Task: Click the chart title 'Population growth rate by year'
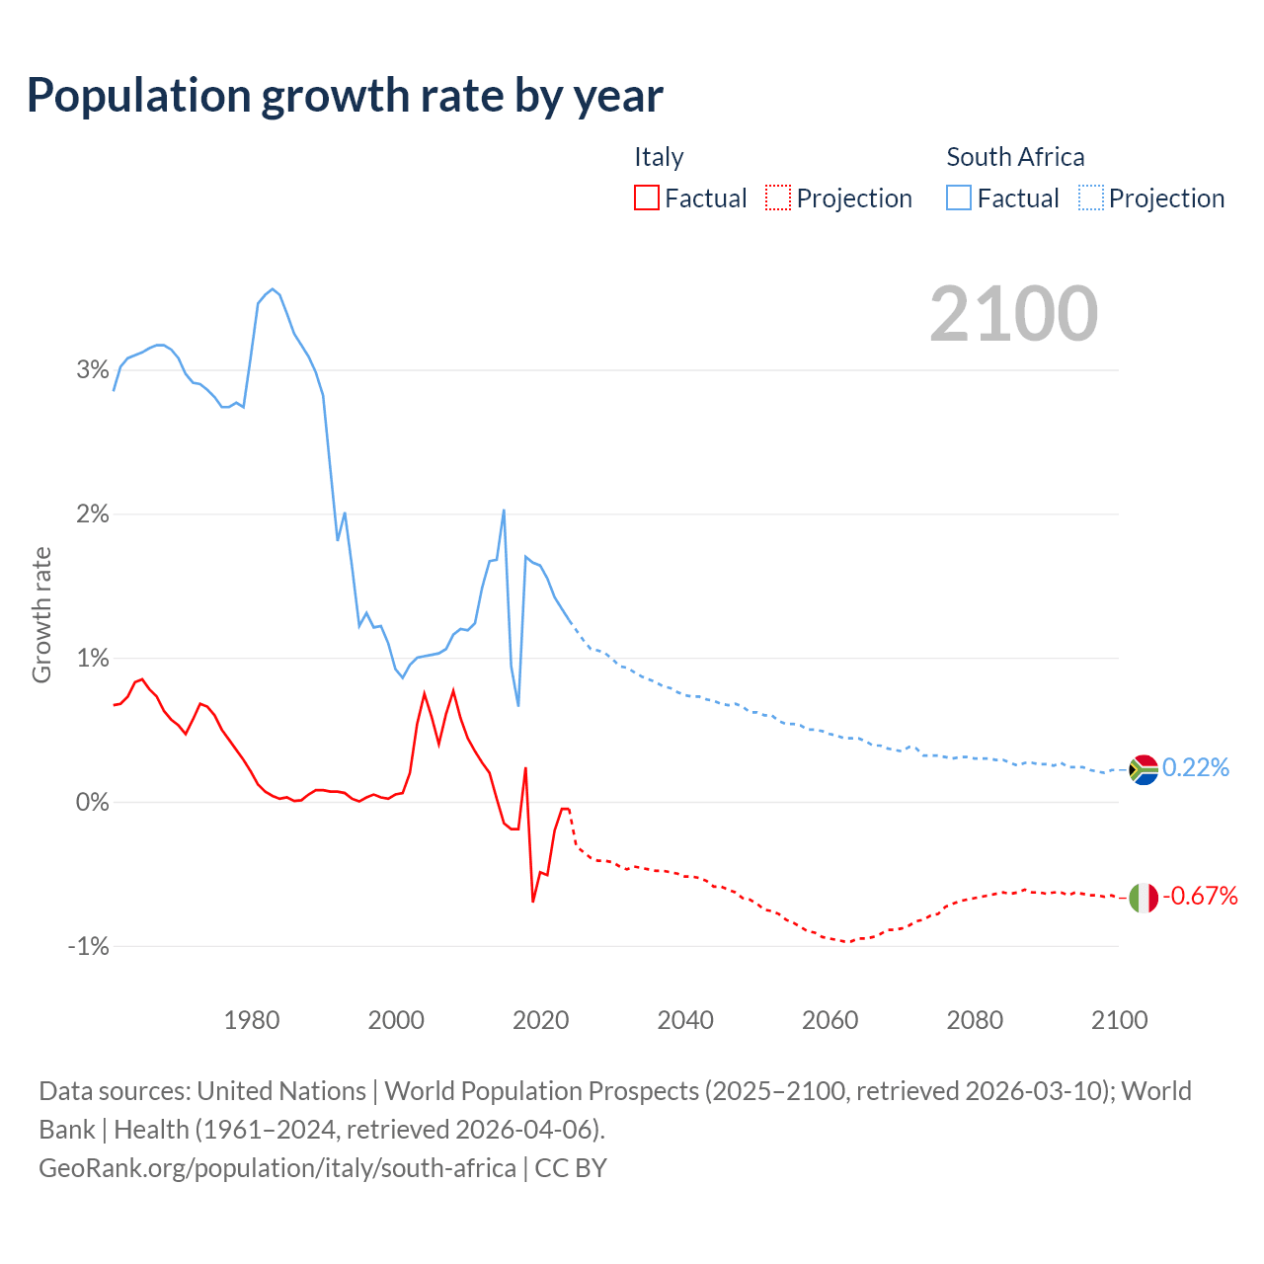coord(345,96)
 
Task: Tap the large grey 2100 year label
coord(1013,314)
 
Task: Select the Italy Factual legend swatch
coord(646,198)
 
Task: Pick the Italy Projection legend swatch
coord(778,198)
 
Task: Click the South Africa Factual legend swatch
coord(958,198)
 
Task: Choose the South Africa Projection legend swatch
coord(1090,198)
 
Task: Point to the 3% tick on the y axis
coord(92,370)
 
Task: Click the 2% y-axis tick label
coord(92,514)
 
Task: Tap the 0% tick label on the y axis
coord(92,802)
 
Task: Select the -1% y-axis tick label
coord(88,946)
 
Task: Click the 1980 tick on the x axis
coord(252,1020)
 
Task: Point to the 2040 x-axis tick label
coord(685,1020)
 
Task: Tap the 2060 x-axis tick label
coord(830,1020)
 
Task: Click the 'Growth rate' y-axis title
coord(41,614)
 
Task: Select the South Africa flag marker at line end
coord(1144,769)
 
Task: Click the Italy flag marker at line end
coord(1144,898)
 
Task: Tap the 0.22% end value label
coord(1196,767)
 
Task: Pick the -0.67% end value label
coord(1200,896)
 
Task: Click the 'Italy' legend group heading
coord(659,157)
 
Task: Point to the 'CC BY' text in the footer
coord(571,1168)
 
